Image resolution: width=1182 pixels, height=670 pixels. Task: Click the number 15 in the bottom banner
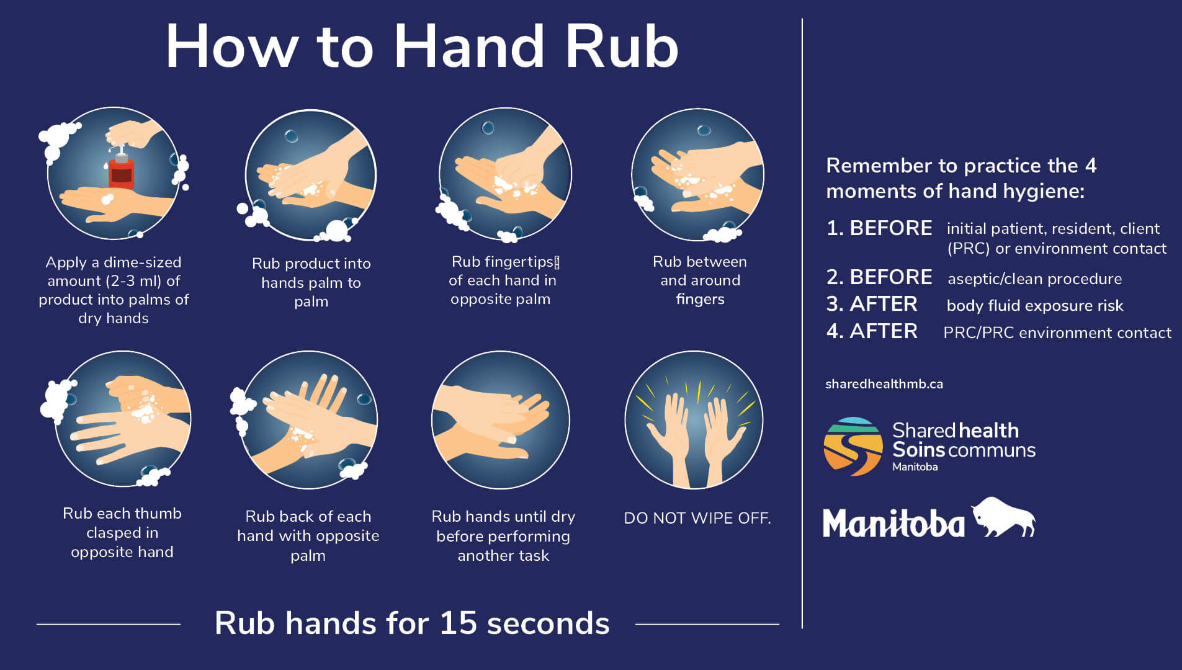tap(458, 623)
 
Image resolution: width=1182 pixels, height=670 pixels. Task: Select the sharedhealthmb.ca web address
tap(884, 384)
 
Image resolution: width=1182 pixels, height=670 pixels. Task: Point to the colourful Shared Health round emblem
tap(853, 446)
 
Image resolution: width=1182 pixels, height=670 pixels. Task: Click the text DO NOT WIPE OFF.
tap(697, 518)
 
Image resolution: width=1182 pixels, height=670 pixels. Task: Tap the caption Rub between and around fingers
tap(700, 280)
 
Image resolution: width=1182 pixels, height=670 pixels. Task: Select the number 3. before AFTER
tap(835, 304)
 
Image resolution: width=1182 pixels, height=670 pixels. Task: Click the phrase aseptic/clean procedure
tap(1034, 279)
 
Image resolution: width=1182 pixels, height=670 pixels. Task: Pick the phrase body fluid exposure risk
tap(1034, 306)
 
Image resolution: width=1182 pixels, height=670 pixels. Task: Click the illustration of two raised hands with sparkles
tap(694, 421)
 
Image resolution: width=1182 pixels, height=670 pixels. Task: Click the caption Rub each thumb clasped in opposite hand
tap(122, 532)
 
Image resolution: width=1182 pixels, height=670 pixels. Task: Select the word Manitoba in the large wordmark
tap(893, 523)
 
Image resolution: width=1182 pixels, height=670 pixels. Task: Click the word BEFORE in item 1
tap(890, 228)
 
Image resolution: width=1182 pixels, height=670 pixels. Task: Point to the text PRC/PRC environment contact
tap(1057, 333)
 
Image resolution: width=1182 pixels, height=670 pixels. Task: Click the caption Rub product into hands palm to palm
tap(311, 282)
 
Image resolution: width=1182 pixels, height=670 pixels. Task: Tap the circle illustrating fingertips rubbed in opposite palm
tap(504, 174)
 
